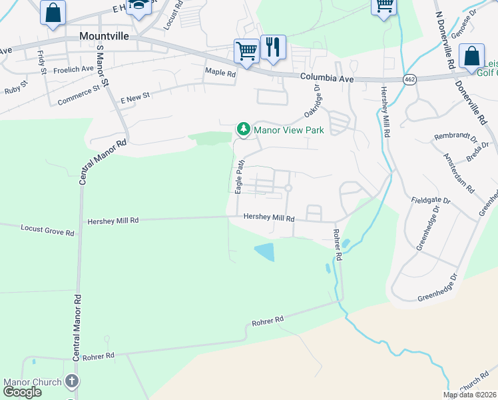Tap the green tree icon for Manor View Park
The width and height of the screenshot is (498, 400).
(x=244, y=129)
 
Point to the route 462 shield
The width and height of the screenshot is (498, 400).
(x=410, y=79)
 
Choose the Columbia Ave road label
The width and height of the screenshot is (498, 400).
(x=326, y=78)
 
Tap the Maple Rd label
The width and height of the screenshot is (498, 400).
(x=221, y=73)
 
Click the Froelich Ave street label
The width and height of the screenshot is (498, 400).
(x=73, y=69)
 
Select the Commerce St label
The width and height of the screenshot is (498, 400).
(x=79, y=94)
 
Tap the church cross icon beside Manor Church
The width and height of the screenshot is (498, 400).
(x=72, y=382)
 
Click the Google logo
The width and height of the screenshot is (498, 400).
(x=22, y=392)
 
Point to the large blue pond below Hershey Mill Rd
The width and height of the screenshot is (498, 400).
(x=264, y=252)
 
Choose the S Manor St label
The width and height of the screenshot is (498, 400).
(x=101, y=61)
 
